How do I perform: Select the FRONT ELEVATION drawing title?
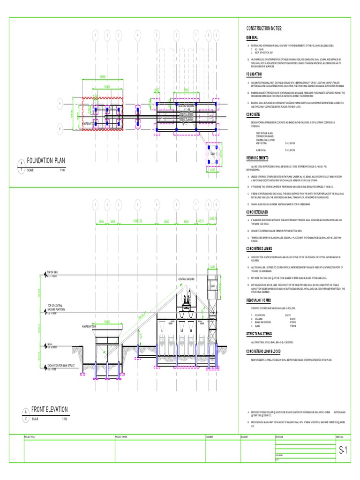(49, 409)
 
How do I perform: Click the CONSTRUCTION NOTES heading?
(264, 29)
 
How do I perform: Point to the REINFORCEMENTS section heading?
(262, 158)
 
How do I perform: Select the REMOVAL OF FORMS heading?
(263, 300)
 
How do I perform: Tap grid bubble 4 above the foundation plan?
(138, 35)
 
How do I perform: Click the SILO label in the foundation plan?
(212, 154)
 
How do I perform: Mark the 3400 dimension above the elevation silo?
(212, 267)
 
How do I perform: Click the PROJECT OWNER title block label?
(122, 437)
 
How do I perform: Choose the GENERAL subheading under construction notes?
(252, 37)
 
